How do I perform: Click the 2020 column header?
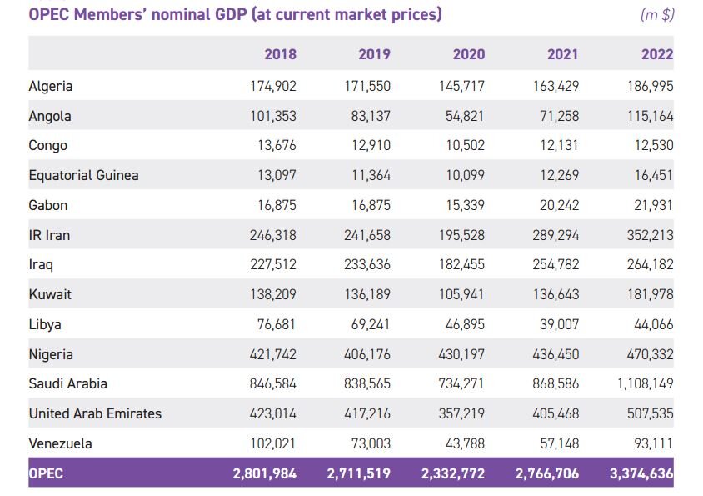468,55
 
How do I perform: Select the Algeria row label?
51,86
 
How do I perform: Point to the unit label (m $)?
657,15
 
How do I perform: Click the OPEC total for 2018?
265,473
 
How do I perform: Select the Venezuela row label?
60,443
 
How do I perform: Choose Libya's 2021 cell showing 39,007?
558,325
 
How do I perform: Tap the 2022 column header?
657,55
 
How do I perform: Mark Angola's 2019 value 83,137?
370,116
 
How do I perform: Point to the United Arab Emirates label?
95,413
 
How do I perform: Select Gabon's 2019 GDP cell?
370,205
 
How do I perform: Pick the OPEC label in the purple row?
46,473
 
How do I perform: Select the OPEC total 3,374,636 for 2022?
641,473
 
